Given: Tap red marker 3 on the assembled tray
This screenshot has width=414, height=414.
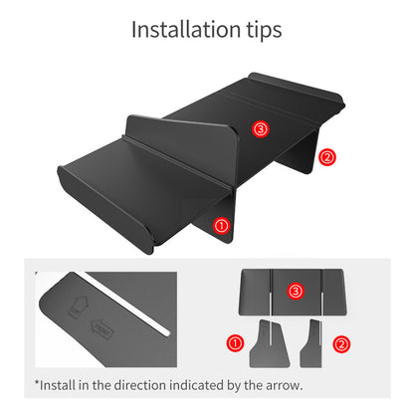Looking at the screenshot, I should pos(262,129).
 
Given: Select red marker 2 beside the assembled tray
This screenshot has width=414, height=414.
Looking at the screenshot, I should pos(327,156).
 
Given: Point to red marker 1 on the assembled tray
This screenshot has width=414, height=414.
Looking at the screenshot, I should pos(222,226).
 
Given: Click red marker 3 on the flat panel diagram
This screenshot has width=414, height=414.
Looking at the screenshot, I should pos(295,291).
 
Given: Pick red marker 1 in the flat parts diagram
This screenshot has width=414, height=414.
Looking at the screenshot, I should pos(236,343).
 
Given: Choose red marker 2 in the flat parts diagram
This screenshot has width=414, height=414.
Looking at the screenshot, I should pos(341,344).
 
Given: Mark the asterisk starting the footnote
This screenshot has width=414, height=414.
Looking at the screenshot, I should pos(36,381).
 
